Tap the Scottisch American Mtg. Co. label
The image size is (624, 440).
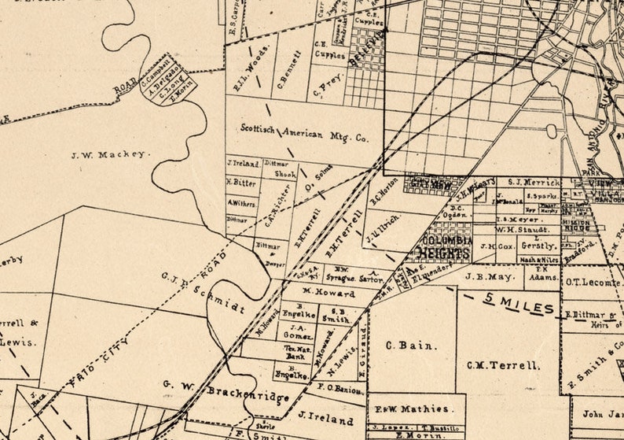pos(303,132)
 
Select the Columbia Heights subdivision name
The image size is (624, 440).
pos(446,246)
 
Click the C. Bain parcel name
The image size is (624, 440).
pos(401,345)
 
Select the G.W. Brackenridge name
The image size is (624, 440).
pos(227,389)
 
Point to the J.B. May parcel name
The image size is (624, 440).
pos(489,277)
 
